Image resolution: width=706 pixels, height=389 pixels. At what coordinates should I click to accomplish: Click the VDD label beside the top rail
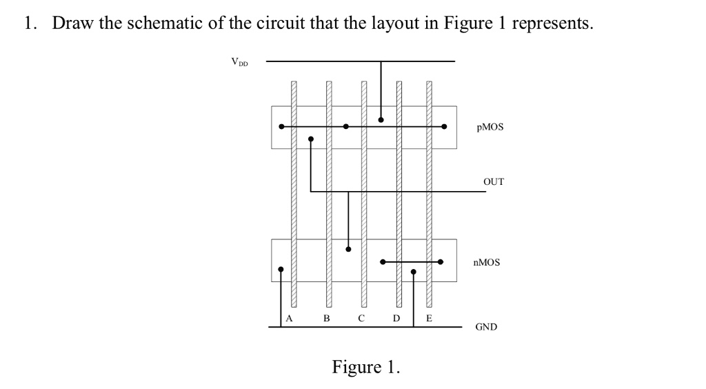[x=240, y=62]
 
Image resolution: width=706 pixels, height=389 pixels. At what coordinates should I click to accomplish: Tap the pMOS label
[x=490, y=128]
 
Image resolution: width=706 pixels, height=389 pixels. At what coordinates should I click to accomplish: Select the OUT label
[x=494, y=182]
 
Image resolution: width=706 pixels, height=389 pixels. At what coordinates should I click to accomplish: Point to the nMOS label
[x=487, y=263]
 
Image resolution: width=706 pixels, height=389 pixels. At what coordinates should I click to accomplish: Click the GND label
[x=486, y=327]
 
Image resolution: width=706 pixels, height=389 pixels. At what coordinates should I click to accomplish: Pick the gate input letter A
[x=290, y=319]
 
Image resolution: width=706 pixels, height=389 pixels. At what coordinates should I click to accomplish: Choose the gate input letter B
[x=327, y=319]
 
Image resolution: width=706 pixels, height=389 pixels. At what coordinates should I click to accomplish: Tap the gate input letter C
[x=361, y=319]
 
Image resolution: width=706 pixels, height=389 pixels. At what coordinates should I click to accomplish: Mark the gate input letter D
[x=396, y=319]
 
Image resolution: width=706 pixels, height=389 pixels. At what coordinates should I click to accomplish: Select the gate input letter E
[x=429, y=319]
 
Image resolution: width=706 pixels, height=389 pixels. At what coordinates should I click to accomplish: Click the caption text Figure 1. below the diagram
[x=365, y=366]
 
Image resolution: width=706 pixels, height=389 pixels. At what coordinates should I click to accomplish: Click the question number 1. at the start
[x=30, y=23]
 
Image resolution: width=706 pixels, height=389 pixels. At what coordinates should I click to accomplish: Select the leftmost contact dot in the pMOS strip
[x=281, y=127]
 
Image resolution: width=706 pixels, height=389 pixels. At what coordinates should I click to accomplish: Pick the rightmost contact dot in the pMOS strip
[x=444, y=127]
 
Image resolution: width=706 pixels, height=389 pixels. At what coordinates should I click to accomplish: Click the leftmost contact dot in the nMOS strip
[x=281, y=270]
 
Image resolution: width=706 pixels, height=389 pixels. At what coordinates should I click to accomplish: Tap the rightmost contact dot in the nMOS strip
[x=441, y=262]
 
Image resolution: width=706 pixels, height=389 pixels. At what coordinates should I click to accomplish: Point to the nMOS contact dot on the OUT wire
[x=348, y=249]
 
